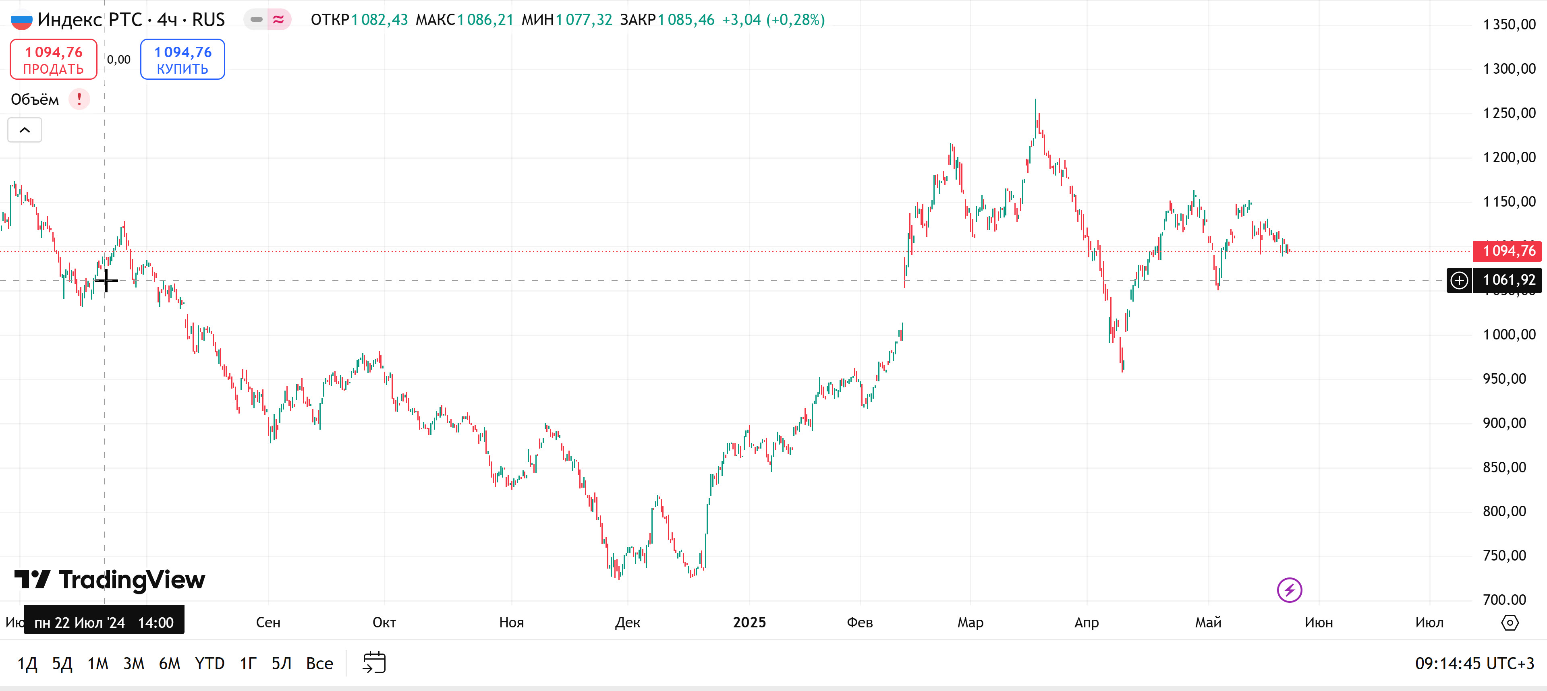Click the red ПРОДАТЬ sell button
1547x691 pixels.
(54, 60)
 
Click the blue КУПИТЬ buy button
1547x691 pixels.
(182, 60)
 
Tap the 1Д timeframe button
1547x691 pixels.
(27, 663)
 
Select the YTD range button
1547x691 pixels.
(209, 663)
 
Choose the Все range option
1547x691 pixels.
(319, 663)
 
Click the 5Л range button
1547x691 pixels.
(281, 663)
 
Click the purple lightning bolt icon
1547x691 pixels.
(1289, 590)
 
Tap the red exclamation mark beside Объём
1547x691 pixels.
(79, 99)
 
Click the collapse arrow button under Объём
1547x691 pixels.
(25, 130)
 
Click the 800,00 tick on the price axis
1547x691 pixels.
(1504, 511)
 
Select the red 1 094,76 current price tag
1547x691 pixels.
(1508, 251)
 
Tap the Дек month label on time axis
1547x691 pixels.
(628, 623)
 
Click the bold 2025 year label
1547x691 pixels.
(749, 623)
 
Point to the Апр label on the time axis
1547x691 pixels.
(1087, 623)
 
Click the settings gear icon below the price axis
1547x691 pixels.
(1509, 623)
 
